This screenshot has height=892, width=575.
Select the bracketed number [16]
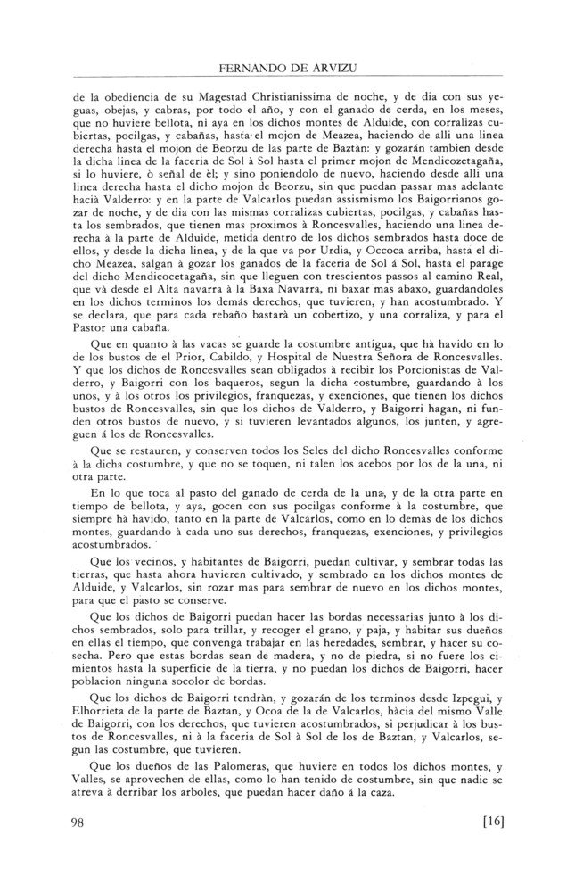(x=488, y=823)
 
